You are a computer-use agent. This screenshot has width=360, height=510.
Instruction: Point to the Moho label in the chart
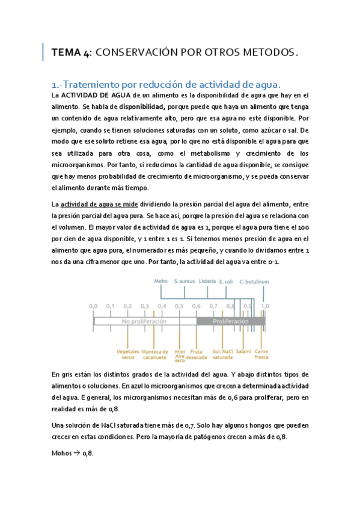point(160,281)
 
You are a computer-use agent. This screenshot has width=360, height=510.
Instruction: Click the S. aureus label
point(184,281)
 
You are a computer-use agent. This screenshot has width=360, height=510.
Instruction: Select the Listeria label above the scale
point(207,281)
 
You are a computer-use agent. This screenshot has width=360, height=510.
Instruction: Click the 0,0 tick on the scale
point(93,306)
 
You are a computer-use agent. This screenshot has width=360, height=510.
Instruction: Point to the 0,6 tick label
point(197,306)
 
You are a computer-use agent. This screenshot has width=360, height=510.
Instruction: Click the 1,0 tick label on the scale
point(265,306)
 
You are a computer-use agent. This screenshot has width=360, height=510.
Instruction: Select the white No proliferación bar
point(144,321)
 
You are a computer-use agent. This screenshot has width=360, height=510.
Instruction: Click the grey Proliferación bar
point(231,321)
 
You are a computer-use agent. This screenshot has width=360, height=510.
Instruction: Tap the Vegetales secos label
point(128,354)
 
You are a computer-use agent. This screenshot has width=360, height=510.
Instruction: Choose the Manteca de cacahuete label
point(154,354)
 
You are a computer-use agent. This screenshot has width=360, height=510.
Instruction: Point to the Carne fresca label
point(261,354)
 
